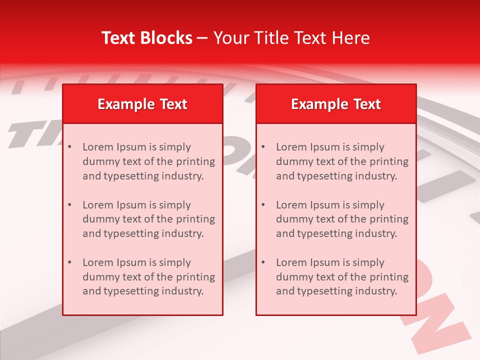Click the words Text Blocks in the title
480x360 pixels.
pyautogui.click(x=147, y=38)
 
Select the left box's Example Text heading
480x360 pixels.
pyautogui.click(x=142, y=104)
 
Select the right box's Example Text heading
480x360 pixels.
pyautogui.click(x=336, y=104)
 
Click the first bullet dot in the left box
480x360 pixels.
pyautogui.click(x=69, y=147)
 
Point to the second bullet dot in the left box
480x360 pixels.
pyautogui.click(x=69, y=205)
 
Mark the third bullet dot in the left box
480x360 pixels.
pyautogui.click(x=69, y=262)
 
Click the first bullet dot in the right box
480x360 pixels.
pyautogui.click(x=263, y=147)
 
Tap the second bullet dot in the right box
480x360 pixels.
pyautogui.click(x=263, y=205)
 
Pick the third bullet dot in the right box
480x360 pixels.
pyautogui.click(x=263, y=262)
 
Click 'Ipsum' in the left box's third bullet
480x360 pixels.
pyautogui.click(x=131, y=262)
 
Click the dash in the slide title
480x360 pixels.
pyautogui.click(x=202, y=38)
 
